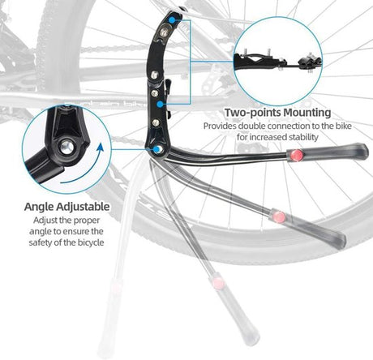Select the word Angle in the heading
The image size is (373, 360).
39,207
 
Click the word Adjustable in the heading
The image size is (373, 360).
83,207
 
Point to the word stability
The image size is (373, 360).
303,137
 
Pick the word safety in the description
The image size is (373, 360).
41,242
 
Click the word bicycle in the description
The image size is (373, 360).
91,242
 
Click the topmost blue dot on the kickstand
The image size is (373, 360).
172,19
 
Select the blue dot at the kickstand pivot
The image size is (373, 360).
156,149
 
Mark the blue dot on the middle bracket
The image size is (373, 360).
161,104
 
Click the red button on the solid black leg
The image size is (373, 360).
297,155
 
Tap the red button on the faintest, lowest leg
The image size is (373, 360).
218,283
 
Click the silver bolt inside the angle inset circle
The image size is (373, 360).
66,148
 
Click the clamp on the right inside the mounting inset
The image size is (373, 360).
311,62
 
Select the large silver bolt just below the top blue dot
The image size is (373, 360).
163,32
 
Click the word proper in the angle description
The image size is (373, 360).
87,221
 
